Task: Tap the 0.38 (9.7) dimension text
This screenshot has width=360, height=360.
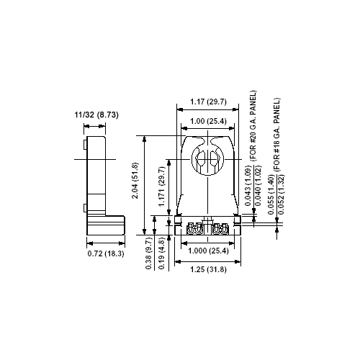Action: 149,253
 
